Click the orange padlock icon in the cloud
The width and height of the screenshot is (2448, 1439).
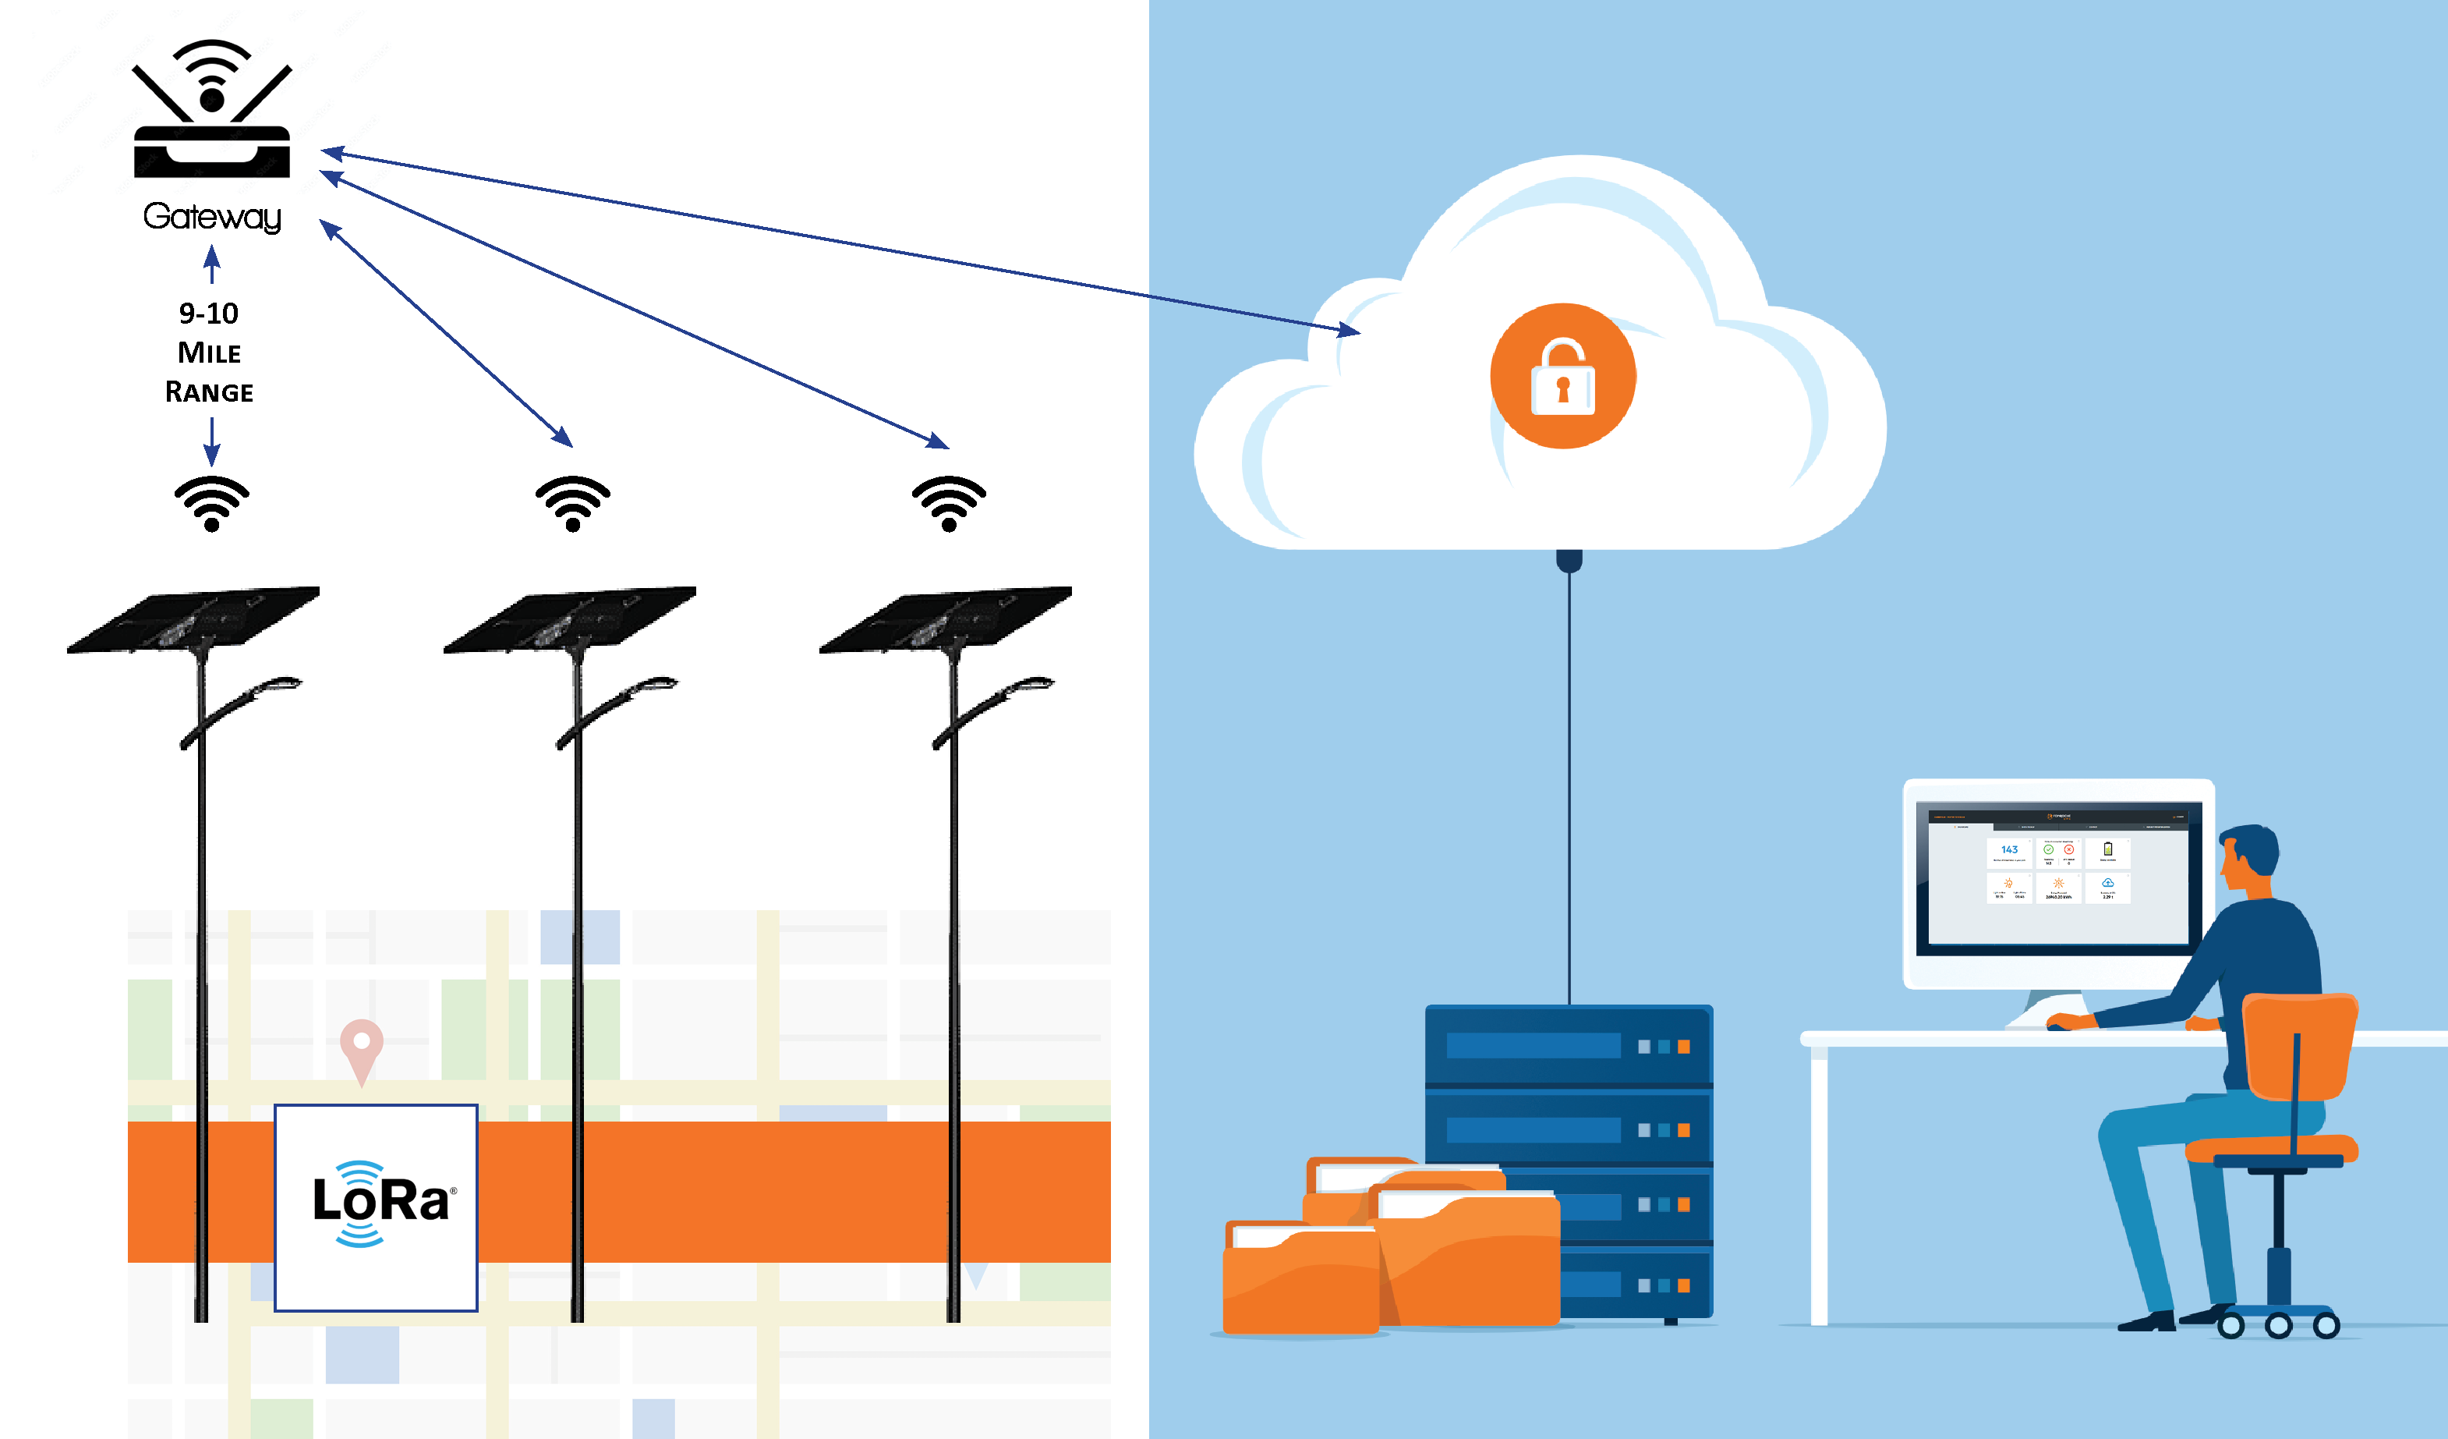point(1563,376)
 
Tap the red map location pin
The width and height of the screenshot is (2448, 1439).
point(362,1044)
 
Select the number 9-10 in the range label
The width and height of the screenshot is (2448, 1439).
point(209,313)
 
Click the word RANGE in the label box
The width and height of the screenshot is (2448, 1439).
point(209,392)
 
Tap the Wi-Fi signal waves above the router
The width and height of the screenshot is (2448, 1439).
point(212,63)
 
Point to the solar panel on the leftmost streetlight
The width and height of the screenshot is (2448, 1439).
point(193,619)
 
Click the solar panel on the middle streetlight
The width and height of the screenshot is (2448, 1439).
point(569,619)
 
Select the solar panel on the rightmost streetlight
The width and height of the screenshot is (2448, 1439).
point(945,619)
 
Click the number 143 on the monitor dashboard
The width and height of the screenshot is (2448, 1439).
point(2009,849)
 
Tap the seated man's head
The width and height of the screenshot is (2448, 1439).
point(2250,855)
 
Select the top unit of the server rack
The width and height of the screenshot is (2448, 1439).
point(1568,1045)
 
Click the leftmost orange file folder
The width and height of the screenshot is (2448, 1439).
point(1300,1278)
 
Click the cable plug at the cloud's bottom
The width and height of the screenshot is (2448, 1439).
point(1569,561)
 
